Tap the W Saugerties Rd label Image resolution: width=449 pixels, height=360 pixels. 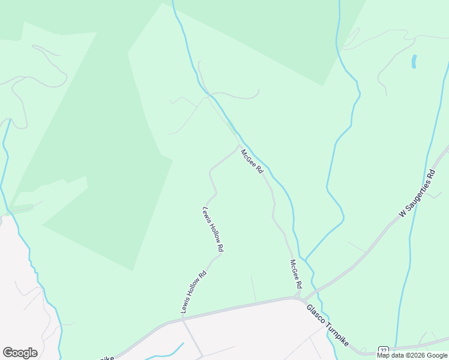[x=417, y=194]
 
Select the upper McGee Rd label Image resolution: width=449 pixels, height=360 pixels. [x=252, y=161]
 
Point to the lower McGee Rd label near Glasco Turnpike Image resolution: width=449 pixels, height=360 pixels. [x=295, y=274]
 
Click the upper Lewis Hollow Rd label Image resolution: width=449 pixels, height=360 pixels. [x=213, y=229]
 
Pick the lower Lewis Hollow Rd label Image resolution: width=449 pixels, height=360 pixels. [x=194, y=292]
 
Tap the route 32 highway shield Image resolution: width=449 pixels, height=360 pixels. [x=383, y=350]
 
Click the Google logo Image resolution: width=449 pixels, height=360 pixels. [x=20, y=353]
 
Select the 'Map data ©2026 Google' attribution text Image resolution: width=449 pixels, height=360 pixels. [x=411, y=355]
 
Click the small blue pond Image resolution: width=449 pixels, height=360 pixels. [x=414, y=61]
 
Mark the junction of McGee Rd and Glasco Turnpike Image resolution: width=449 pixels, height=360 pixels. [x=300, y=298]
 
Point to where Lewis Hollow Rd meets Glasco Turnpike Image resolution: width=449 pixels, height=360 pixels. [x=182, y=319]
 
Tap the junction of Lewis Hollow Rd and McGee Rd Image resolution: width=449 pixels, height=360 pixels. [x=238, y=147]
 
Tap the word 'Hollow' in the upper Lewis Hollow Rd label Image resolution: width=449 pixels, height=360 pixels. [x=213, y=229]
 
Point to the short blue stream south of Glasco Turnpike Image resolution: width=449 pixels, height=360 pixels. [x=174, y=351]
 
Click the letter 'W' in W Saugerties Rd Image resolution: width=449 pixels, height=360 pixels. [x=402, y=214]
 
